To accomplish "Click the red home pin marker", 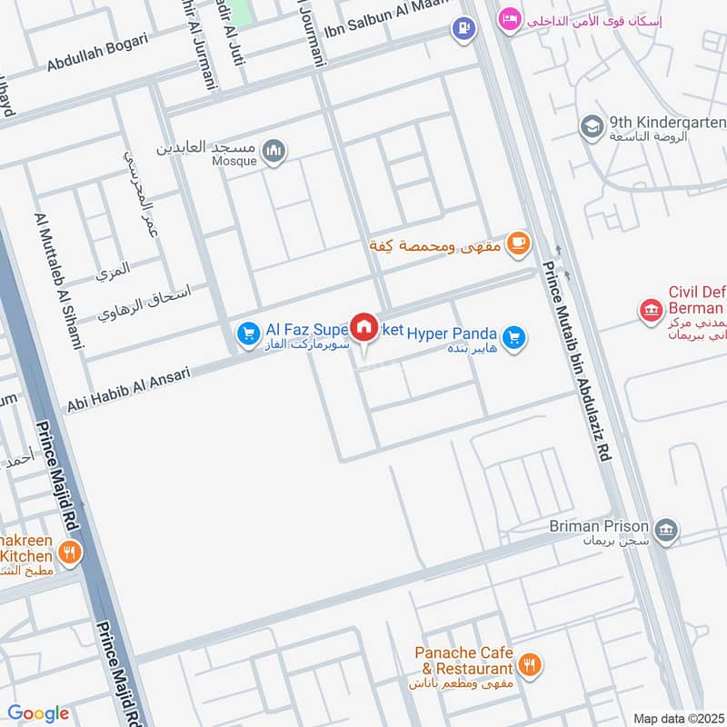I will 364,327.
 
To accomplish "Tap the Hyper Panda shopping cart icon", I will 514,338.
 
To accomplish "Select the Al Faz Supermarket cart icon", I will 247,334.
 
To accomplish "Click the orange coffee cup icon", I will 518,242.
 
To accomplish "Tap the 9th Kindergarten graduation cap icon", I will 592,125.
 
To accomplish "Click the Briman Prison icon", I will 666,529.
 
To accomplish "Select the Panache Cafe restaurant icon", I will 532,663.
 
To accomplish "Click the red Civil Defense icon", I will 650,312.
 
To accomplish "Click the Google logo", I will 38,713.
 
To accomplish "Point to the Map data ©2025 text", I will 676,718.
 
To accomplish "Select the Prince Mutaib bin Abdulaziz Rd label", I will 578,361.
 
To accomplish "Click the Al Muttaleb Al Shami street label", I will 58,282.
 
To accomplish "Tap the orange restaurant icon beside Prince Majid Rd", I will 69,551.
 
